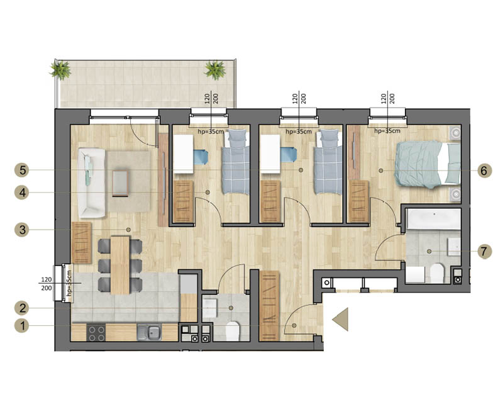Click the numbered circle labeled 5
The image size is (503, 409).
click(23, 170)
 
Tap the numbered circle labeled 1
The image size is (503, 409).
click(23, 326)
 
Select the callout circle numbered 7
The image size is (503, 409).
click(484, 251)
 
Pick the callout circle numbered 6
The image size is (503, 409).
click(484, 171)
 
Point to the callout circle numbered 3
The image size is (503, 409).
click(23, 230)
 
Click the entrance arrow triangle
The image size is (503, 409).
click(340, 319)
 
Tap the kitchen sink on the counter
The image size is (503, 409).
click(149, 332)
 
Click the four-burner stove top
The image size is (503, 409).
click(96, 333)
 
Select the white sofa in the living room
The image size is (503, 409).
click(92, 182)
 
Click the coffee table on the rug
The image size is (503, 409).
click(120, 183)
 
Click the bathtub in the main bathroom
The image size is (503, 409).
click(433, 218)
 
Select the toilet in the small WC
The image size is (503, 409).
click(232, 331)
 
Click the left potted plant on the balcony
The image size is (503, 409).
click(60, 70)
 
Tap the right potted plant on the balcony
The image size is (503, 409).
click(215, 70)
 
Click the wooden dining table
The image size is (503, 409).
click(120, 265)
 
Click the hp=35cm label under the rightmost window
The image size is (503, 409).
click(387, 131)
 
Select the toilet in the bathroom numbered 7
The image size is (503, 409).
click(436, 273)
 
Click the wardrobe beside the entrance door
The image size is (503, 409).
click(270, 305)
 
